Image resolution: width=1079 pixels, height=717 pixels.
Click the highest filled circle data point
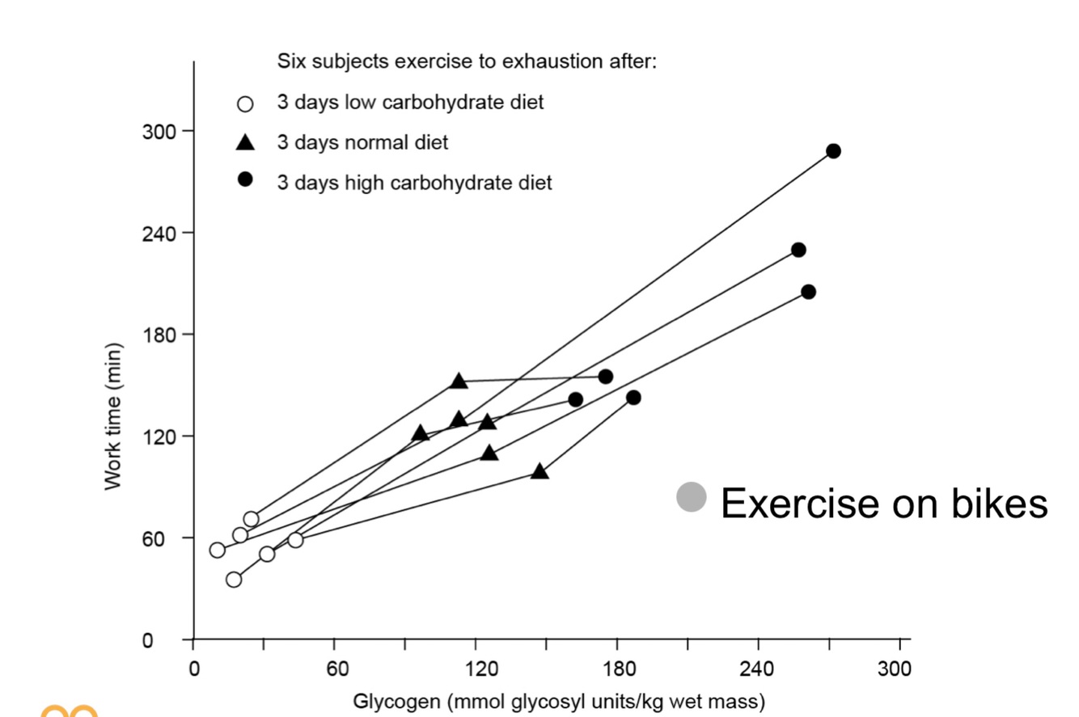(833, 151)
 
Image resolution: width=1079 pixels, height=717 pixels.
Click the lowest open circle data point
(234, 579)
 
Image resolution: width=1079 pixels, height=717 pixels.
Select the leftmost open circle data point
(217, 550)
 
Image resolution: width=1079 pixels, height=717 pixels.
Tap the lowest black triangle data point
(539, 471)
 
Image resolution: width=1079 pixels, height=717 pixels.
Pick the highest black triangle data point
(459, 382)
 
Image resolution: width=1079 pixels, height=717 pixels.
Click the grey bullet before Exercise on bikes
(692, 497)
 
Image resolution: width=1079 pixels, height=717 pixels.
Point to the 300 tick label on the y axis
(158, 131)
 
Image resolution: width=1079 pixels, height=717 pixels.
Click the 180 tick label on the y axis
(158, 334)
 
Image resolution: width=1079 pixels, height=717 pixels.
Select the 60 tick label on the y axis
(163, 538)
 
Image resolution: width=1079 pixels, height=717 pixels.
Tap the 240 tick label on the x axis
(758, 669)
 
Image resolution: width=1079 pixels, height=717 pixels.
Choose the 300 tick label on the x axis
(895, 669)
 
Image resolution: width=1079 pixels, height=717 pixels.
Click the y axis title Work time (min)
(114, 416)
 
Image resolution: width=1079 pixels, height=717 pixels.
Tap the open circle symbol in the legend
(245, 103)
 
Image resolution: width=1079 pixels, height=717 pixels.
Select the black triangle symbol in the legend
(245, 143)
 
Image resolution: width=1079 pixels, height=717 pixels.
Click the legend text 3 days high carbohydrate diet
(414, 183)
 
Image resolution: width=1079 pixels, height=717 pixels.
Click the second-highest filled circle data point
(798, 250)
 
